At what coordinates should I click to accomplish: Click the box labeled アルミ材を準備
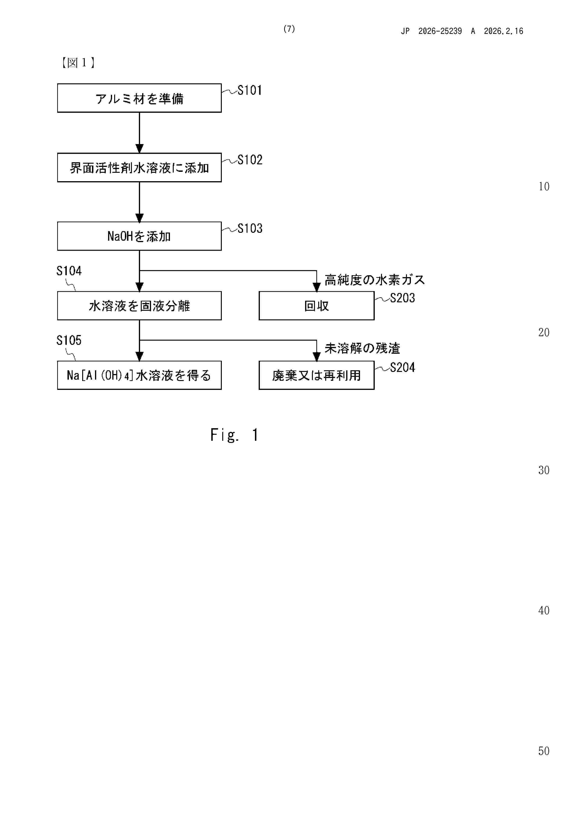(x=139, y=98)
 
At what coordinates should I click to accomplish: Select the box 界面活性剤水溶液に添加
(x=139, y=168)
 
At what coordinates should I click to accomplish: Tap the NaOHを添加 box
(x=139, y=236)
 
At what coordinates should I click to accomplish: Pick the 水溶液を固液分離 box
(x=139, y=306)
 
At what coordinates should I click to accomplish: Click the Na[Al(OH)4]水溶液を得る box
(x=139, y=375)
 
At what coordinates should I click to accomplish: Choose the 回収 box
(x=316, y=306)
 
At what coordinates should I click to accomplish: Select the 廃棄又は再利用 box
(x=316, y=375)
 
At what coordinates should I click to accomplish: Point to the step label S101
(x=250, y=90)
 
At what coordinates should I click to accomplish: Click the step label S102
(x=250, y=160)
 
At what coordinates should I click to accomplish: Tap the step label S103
(x=250, y=228)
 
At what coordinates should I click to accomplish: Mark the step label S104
(x=69, y=271)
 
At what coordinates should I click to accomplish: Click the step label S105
(x=69, y=340)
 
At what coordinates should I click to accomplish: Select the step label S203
(x=402, y=298)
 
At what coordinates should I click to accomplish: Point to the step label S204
(x=402, y=367)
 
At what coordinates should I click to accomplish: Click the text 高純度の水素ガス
(x=374, y=280)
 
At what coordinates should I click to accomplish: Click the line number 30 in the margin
(x=544, y=470)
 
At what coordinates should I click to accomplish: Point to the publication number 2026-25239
(x=440, y=31)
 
